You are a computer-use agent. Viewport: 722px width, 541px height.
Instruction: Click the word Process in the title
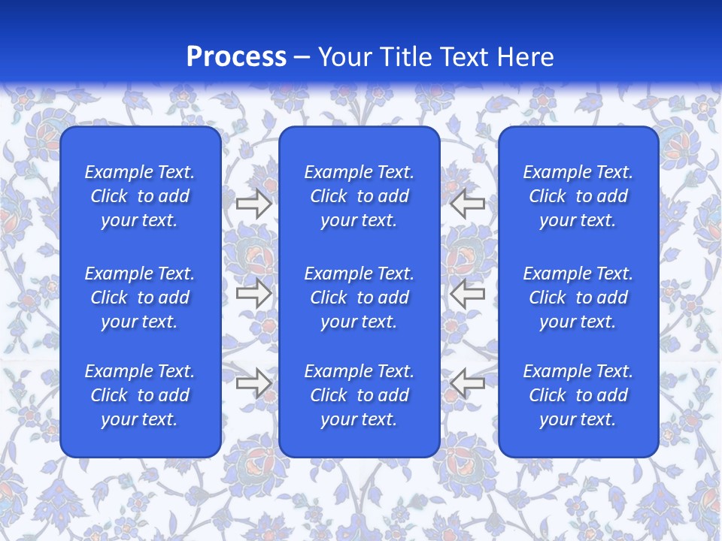[236, 57]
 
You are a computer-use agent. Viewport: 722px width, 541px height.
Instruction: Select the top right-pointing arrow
[253, 204]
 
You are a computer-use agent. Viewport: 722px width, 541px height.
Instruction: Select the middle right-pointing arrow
[253, 293]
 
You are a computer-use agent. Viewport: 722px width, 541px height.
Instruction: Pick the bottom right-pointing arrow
[253, 383]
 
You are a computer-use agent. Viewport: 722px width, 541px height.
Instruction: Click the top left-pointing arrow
[467, 204]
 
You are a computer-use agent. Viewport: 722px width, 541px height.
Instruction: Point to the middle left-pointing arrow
[467, 293]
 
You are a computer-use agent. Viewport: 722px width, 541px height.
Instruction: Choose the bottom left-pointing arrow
[467, 383]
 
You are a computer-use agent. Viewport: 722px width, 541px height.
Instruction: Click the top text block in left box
[140, 196]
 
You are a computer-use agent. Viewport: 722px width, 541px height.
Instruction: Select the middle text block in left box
[140, 298]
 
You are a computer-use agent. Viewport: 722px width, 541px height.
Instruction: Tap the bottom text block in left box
[140, 395]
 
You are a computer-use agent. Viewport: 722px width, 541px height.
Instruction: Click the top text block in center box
[359, 196]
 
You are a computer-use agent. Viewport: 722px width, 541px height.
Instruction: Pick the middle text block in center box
[359, 298]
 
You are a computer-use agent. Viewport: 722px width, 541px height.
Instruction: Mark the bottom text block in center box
[359, 395]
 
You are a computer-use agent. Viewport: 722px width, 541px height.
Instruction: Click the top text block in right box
[578, 196]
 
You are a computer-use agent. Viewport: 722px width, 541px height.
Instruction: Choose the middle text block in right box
[578, 298]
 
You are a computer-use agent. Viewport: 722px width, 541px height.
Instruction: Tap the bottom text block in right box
[578, 395]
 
